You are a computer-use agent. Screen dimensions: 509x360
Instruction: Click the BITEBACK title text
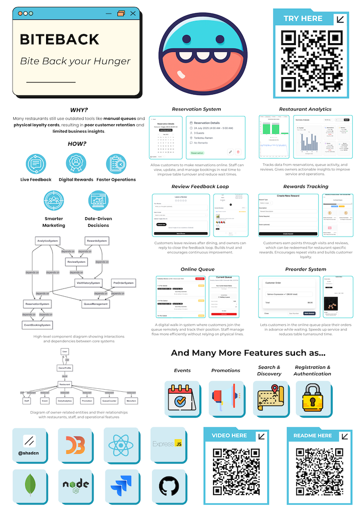click(x=59, y=39)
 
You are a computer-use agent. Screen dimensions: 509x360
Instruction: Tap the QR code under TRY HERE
click(x=311, y=58)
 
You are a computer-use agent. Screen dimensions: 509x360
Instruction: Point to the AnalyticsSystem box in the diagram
click(x=48, y=241)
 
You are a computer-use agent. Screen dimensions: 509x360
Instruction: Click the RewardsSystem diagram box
click(x=97, y=241)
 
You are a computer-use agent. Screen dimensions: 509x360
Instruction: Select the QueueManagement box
click(x=96, y=304)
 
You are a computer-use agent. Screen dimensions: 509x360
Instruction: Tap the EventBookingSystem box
click(x=38, y=325)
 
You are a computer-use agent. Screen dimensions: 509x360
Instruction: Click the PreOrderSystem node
click(x=123, y=283)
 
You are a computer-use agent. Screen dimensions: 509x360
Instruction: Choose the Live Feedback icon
click(x=35, y=164)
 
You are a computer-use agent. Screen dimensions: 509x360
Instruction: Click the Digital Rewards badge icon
click(x=76, y=164)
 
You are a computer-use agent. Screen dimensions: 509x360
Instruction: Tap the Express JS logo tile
click(x=167, y=444)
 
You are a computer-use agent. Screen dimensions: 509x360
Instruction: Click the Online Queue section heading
click(x=197, y=269)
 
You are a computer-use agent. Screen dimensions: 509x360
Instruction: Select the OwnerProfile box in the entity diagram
click(x=65, y=367)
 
